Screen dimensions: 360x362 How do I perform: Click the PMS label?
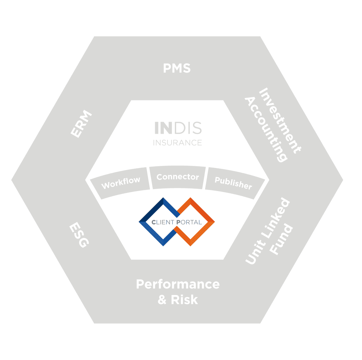tap(177, 68)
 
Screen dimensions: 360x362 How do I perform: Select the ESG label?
tap(79, 235)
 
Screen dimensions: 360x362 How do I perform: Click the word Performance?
tap(177, 284)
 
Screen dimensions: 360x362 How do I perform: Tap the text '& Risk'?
tap(177, 300)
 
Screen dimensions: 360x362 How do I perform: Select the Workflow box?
tap(120, 183)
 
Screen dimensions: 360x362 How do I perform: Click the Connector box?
tap(177, 177)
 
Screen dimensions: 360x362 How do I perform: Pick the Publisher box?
tap(233, 183)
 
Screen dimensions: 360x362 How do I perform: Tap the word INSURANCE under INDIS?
tap(177, 143)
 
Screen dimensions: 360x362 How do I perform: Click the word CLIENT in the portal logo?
tap(163, 222)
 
